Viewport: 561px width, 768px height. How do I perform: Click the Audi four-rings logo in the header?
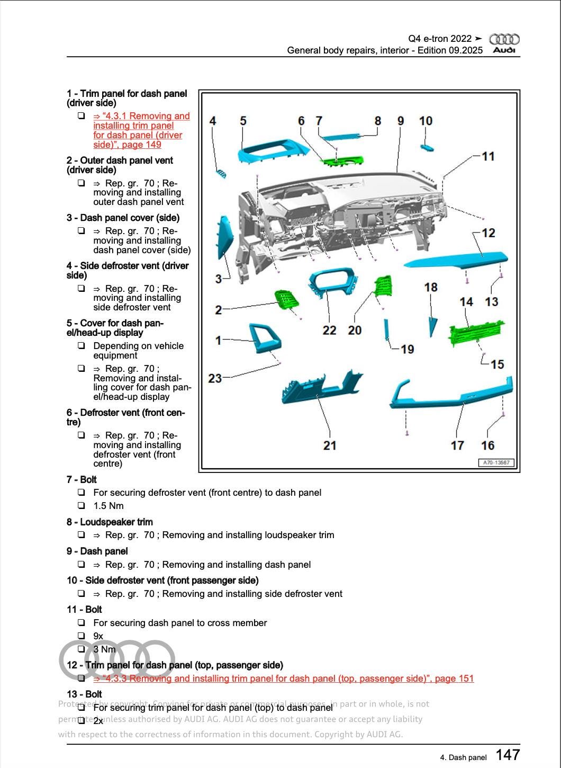[504, 39]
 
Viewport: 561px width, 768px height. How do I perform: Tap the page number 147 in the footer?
[508, 755]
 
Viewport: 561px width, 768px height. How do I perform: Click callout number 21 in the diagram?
[330, 445]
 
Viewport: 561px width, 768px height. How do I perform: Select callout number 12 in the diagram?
[488, 233]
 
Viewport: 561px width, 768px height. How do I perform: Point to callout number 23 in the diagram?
[215, 378]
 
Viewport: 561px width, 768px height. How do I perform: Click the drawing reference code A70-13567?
[496, 462]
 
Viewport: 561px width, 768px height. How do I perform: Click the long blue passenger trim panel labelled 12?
[455, 260]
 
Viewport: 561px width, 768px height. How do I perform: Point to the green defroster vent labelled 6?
[343, 158]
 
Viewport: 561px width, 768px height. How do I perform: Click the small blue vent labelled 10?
[427, 146]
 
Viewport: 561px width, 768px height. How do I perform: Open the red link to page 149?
[141, 130]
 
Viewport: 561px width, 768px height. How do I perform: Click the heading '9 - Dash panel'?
[97, 551]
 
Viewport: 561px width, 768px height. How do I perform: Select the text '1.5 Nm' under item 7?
[108, 506]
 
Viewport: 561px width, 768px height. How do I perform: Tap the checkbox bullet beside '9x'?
[81, 636]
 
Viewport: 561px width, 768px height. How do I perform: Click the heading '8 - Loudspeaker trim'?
[110, 522]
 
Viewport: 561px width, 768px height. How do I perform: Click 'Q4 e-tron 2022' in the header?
[440, 39]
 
